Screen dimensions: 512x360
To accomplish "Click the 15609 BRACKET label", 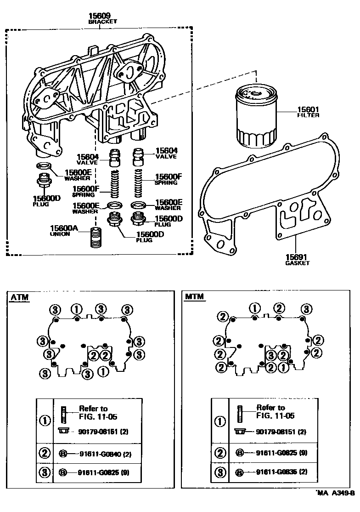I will (102, 18).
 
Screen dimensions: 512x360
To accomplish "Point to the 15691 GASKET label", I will (297, 260).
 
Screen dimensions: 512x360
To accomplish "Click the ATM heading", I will (19, 297).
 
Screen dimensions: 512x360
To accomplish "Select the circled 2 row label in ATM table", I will (45, 453).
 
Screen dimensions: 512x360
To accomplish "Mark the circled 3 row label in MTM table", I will (220, 472).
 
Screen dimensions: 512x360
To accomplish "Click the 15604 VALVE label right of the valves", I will (166, 153).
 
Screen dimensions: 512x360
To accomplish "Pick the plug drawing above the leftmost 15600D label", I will (44, 182).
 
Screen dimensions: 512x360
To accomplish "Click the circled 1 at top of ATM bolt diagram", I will (78, 309).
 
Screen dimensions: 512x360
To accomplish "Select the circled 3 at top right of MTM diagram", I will (306, 309).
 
